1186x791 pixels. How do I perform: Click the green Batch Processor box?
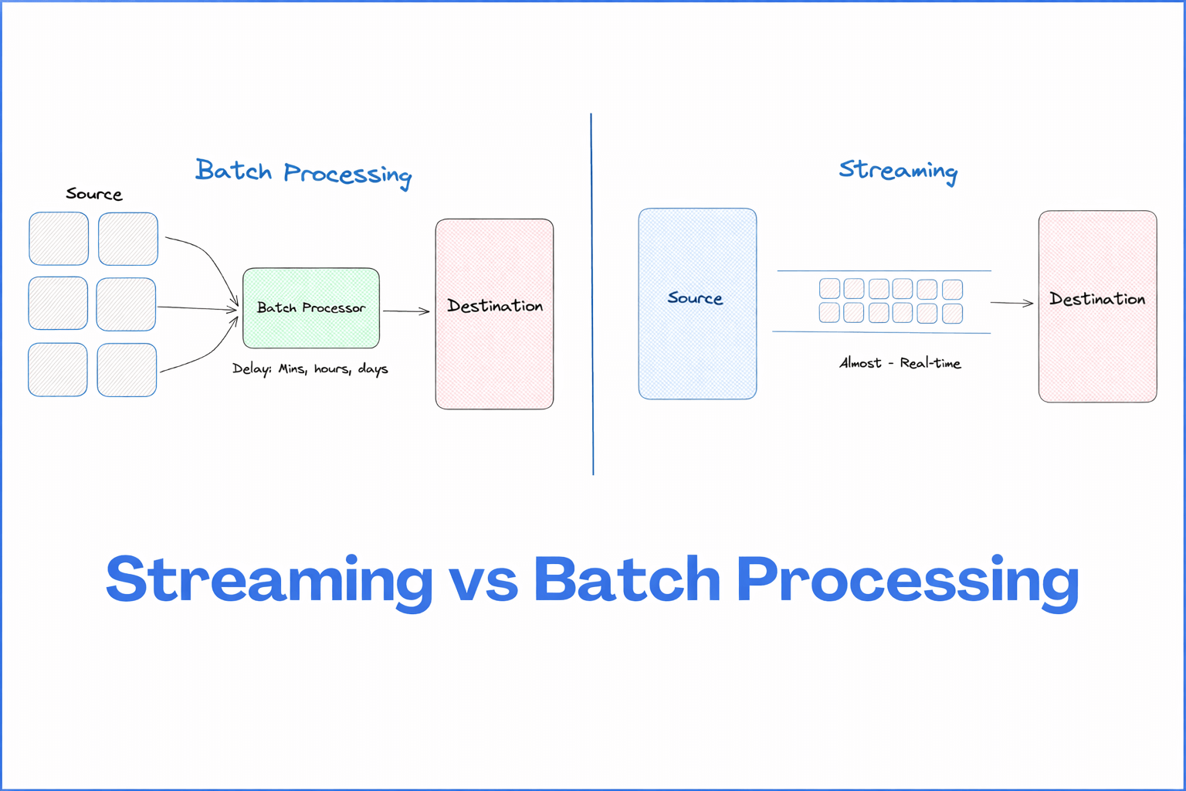coord(311,307)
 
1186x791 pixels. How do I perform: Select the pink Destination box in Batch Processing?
coord(494,314)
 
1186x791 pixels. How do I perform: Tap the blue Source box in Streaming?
coord(697,304)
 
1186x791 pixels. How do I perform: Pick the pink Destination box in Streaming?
coord(1097,306)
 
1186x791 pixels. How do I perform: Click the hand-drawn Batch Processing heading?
coord(303,173)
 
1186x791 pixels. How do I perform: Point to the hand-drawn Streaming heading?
coord(899,171)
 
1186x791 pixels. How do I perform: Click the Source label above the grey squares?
coord(93,194)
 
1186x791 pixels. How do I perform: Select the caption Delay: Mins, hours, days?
coord(310,368)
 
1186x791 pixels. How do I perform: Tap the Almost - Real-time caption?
coord(900,363)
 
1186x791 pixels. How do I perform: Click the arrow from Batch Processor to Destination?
coord(406,311)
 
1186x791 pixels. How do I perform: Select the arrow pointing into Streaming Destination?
coord(1011,303)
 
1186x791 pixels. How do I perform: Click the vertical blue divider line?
coord(592,294)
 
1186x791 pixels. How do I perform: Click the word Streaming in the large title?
coord(269,581)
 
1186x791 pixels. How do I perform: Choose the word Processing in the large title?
coord(907,582)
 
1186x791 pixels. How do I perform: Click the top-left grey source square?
coord(59,239)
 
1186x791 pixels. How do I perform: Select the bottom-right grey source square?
coord(127,370)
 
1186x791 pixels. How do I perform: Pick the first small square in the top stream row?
coord(830,289)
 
